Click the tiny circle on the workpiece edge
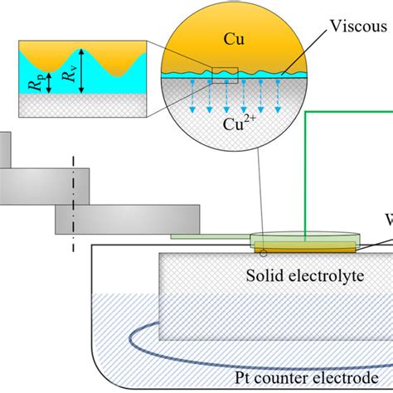[264, 252]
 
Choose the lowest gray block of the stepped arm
[128, 219]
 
